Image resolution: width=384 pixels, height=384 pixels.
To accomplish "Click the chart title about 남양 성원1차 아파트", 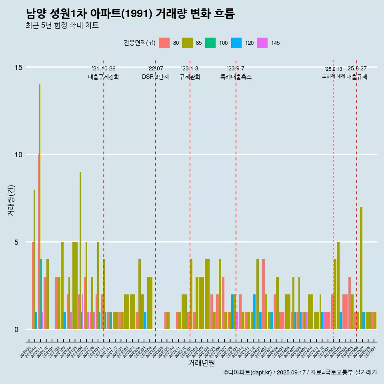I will [x=130, y=14].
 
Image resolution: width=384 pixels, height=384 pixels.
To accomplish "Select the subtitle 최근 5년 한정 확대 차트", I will [x=62, y=26].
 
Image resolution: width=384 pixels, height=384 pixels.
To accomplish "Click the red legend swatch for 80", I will [x=164, y=43].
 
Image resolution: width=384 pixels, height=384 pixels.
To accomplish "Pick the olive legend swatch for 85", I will [x=188, y=43].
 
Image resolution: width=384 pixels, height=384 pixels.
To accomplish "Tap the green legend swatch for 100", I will [x=210, y=43].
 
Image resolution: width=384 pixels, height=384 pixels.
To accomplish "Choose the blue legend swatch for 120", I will [x=236, y=43].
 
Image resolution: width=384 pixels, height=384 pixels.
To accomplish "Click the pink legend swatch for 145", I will [x=262, y=43].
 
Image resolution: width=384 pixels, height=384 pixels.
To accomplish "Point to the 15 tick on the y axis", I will [x=18, y=67].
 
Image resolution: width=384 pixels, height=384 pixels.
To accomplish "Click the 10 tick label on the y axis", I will [x=18, y=155].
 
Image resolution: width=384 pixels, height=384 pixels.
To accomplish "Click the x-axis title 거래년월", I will [x=202, y=363].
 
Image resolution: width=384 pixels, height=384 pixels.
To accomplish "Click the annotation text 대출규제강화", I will [x=104, y=77].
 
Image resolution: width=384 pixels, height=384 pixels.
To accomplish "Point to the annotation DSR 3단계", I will [x=155, y=77].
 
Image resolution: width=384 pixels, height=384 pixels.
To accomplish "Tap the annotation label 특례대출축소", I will [x=236, y=77].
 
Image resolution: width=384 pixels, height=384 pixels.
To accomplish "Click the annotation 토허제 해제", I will [x=333, y=76].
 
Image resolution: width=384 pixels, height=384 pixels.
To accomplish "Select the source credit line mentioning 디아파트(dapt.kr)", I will [x=300, y=372].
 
